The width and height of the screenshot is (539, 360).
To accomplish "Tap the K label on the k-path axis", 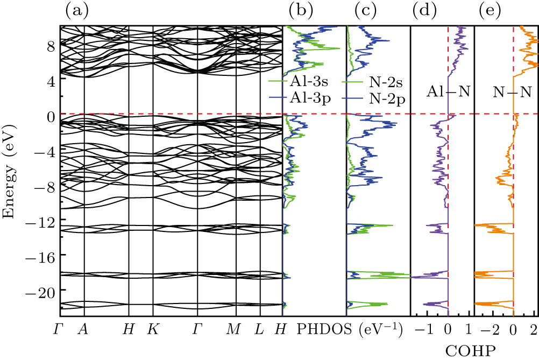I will [153, 329].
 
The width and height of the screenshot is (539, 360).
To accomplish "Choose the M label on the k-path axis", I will [233, 329].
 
